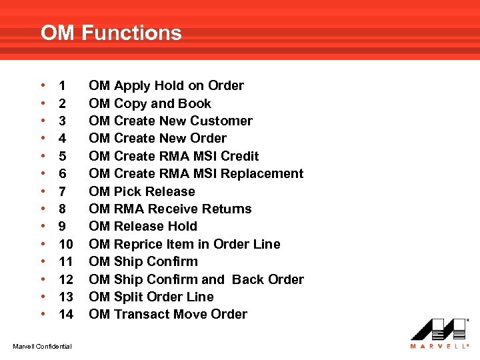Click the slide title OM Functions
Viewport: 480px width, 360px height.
click(x=111, y=33)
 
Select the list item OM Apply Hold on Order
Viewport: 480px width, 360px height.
click(x=166, y=85)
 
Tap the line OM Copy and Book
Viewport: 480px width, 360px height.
click(x=149, y=103)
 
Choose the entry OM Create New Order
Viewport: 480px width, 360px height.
click(x=157, y=138)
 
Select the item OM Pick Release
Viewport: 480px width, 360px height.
click(x=141, y=191)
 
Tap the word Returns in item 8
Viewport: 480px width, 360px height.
click(x=227, y=209)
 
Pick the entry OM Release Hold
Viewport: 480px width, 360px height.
click(x=143, y=226)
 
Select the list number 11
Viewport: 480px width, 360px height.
click(x=65, y=261)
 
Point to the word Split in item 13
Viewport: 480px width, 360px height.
click(x=128, y=297)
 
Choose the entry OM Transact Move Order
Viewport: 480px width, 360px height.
click(x=167, y=314)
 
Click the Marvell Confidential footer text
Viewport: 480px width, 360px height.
click(x=43, y=345)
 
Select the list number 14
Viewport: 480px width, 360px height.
click(x=65, y=314)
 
